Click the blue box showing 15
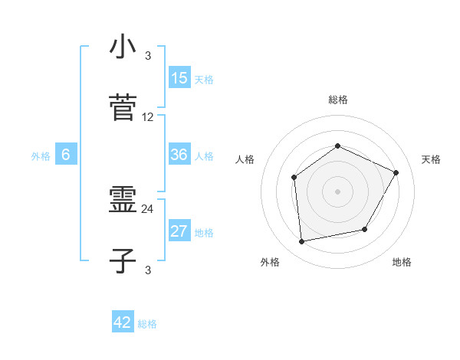click(x=179, y=78)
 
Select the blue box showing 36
click(x=179, y=155)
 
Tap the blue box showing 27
click(x=179, y=232)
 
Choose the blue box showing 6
click(x=66, y=155)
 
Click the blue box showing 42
click(x=123, y=322)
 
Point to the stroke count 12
click(x=148, y=117)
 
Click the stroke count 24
click(x=148, y=208)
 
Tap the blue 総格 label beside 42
click(x=147, y=324)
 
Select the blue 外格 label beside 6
click(x=41, y=156)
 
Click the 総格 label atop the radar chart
click(x=338, y=100)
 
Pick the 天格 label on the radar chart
click(x=431, y=159)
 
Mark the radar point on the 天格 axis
click(x=396, y=172)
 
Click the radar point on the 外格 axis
click(x=302, y=242)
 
